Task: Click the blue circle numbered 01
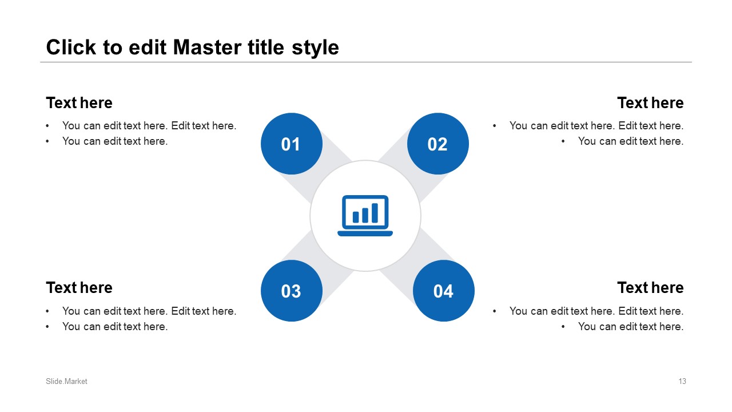[x=292, y=144]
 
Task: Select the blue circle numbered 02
[x=438, y=144]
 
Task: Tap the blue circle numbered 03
[x=292, y=291]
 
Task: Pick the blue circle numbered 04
[x=444, y=291]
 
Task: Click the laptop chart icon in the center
[x=365, y=216]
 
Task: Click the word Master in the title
[x=208, y=47]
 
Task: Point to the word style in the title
[x=315, y=49]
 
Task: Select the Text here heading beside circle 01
[x=79, y=102]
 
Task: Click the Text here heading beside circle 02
[x=650, y=102]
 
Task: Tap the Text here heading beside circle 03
[x=79, y=288]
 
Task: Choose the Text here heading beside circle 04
[x=650, y=288]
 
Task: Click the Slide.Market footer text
[x=66, y=381]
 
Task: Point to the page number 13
[x=682, y=381]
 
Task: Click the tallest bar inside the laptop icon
[x=375, y=213]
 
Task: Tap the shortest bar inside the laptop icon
[x=356, y=217]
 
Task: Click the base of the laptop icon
[x=365, y=233]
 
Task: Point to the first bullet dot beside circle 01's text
[x=47, y=125]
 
